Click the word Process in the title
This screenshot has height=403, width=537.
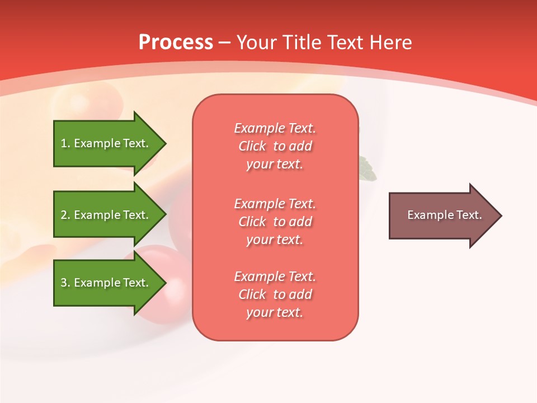pyautogui.click(x=176, y=43)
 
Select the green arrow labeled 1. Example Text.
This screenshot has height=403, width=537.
pyautogui.click(x=106, y=143)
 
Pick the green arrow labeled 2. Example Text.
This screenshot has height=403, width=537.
pyautogui.click(x=106, y=215)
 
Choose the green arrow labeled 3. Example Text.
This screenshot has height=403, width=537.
pyautogui.click(x=106, y=283)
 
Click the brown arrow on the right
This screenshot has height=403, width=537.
pyautogui.click(x=442, y=215)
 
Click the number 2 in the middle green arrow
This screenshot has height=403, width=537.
pyautogui.click(x=64, y=215)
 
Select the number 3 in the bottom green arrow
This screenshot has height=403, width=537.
pyautogui.click(x=64, y=283)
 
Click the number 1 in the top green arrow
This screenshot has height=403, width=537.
pyautogui.click(x=63, y=143)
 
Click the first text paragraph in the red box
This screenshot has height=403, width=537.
pyautogui.click(x=275, y=146)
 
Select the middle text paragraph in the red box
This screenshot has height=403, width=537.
pyautogui.click(x=275, y=222)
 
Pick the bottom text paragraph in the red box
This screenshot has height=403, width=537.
pyautogui.click(x=275, y=294)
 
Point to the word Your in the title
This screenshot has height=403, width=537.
pyautogui.click(x=258, y=43)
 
